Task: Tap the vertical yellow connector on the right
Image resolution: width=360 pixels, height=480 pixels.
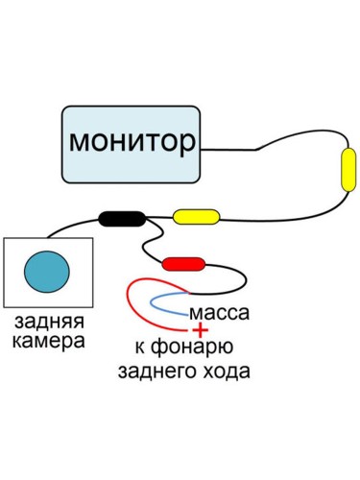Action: (x=348, y=169)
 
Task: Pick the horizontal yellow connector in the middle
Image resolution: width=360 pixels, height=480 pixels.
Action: (x=195, y=216)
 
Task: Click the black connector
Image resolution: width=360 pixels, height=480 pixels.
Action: (x=122, y=218)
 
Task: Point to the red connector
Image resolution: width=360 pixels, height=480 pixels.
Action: (x=183, y=262)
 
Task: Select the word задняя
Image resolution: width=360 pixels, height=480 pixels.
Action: (x=48, y=321)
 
